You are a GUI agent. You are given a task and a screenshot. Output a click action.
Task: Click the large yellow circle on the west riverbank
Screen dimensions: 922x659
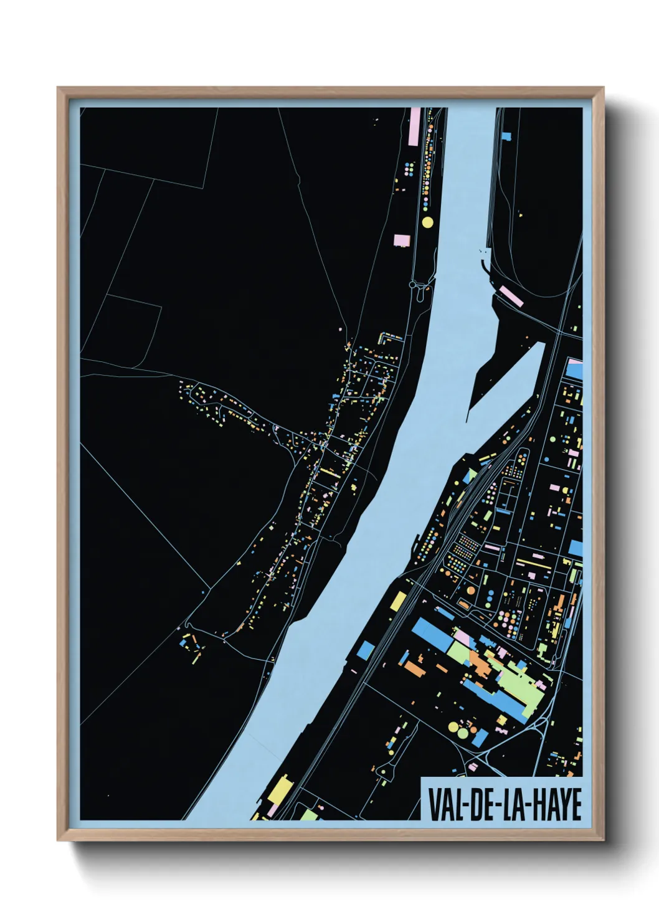[427, 222]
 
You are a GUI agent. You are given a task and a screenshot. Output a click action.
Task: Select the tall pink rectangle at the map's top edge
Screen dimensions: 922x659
[415, 127]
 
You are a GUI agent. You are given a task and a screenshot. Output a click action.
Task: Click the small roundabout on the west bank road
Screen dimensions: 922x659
[412, 284]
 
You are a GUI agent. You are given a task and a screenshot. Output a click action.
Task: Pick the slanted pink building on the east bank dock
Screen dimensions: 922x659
[511, 297]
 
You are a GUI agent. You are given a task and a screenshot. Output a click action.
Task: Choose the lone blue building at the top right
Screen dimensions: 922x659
[506, 135]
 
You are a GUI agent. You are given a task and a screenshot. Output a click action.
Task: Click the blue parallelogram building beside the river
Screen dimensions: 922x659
[365, 650]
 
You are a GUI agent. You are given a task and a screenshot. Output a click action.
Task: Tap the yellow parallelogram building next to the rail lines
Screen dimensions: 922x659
[398, 601]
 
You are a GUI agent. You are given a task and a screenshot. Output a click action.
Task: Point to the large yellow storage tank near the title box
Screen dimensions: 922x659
[462, 731]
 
